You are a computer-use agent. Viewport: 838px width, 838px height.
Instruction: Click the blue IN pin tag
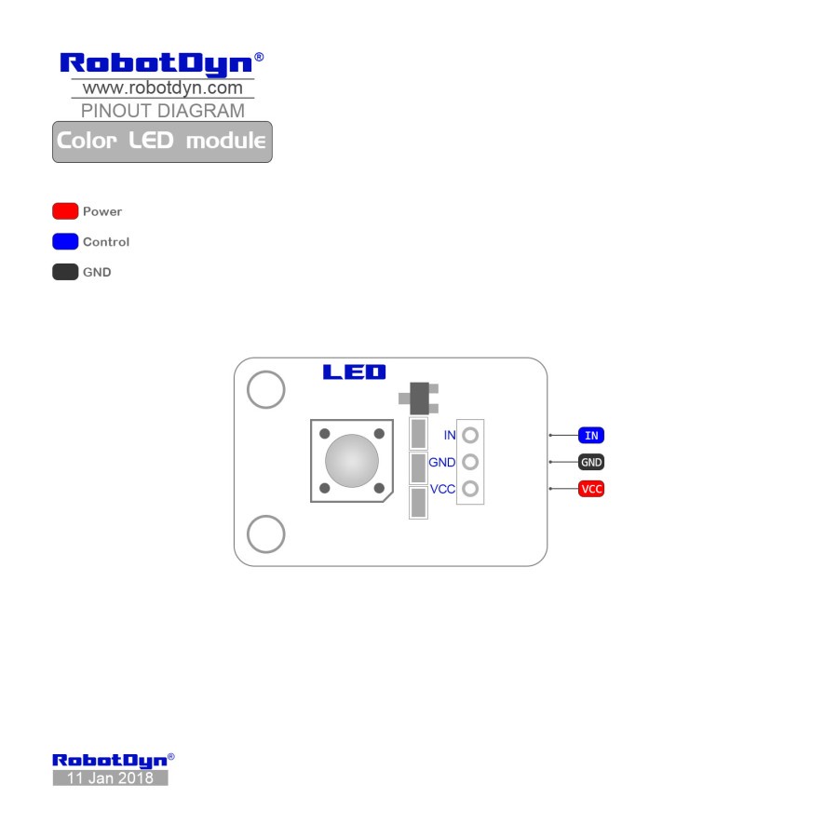591,435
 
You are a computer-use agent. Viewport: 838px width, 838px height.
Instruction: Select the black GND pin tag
591,462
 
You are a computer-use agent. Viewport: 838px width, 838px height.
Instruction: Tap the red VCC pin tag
591,489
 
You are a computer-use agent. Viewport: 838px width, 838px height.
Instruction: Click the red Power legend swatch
65,211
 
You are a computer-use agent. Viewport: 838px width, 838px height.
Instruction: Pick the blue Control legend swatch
65,242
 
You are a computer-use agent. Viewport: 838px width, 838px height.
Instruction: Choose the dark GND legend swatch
65,272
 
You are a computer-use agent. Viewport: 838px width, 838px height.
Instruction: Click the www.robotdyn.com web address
162,88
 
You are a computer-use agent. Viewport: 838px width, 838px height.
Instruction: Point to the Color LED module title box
162,142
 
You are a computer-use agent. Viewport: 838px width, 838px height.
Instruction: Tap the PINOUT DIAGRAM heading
163,111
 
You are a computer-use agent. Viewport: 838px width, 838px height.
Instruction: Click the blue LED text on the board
354,372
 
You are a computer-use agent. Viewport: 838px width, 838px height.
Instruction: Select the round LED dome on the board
352,460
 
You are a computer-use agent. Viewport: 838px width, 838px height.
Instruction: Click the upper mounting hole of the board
266,389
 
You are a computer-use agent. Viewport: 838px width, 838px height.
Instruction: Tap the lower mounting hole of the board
266,534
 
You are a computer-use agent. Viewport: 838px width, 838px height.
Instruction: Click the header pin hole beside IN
470,435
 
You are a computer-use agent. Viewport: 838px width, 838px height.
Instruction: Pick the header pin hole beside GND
470,462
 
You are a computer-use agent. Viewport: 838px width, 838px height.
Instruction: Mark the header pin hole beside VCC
470,489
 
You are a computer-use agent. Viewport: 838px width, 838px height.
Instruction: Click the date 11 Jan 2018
110,778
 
